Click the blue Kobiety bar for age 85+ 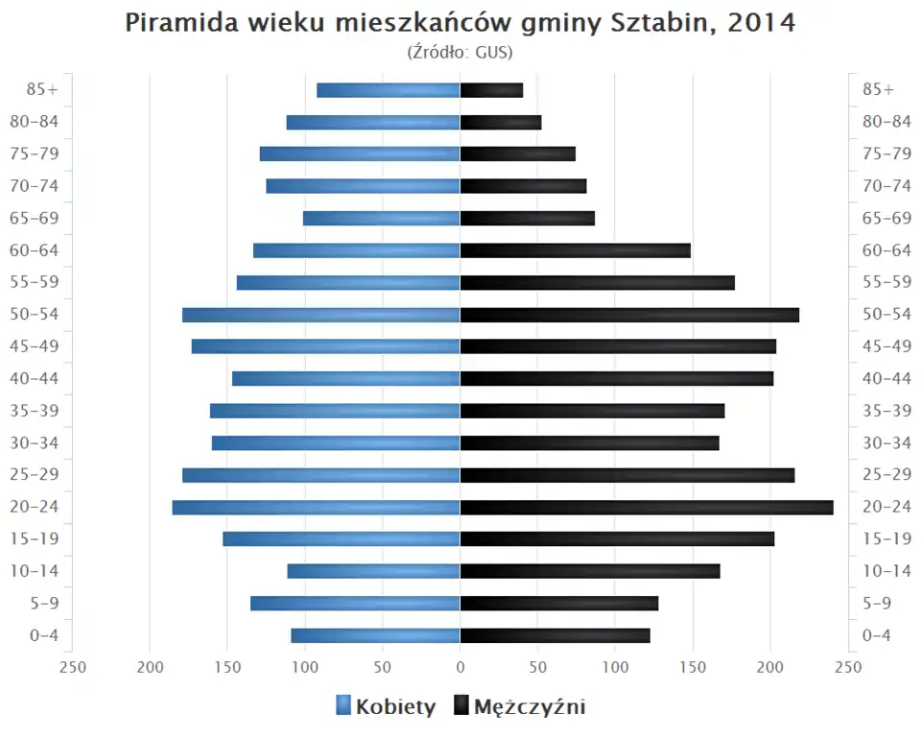click(x=389, y=90)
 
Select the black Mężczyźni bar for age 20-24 click(x=647, y=508)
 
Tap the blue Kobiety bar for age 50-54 click(x=321, y=315)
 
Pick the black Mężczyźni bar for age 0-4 click(x=555, y=635)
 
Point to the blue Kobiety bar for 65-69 click(x=382, y=219)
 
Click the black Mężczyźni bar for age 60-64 click(x=575, y=250)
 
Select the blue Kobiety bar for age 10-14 click(x=374, y=572)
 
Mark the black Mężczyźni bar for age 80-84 click(x=501, y=122)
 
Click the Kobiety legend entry click(x=386, y=707)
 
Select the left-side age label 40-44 click(x=35, y=378)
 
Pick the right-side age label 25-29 click(x=886, y=475)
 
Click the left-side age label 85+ click(x=43, y=89)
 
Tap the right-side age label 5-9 click(x=879, y=604)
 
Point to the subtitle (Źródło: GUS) click(x=460, y=52)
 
